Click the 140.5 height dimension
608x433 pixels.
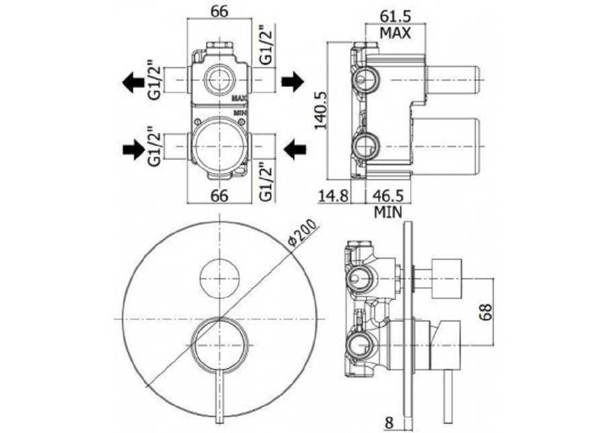(321, 110)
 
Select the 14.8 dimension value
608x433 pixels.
(334, 196)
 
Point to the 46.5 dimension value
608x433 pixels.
(388, 196)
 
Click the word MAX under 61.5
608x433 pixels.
(395, 33)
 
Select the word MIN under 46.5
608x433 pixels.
(388, 212)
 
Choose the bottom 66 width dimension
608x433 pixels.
(219, 196)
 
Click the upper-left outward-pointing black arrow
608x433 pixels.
(133, 82)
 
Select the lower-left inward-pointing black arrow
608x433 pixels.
(134, 149)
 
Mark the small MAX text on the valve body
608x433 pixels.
(240, 99)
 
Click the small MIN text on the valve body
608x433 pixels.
(240, 113)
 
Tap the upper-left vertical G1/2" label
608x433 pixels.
(154, 80)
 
